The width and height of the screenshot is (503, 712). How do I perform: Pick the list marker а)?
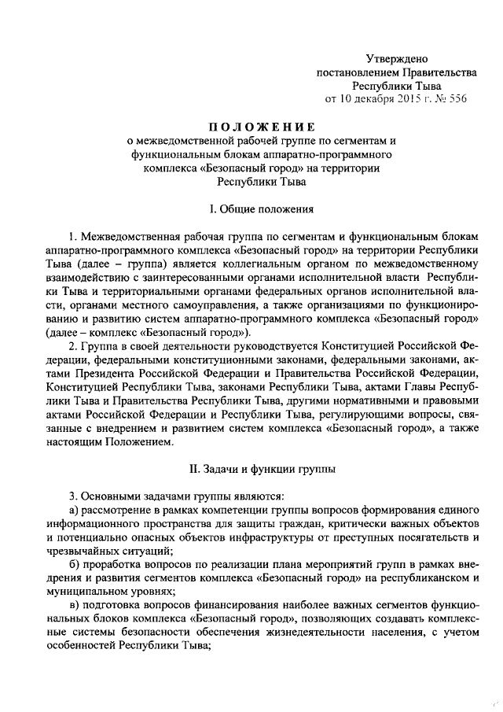[75, 511]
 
